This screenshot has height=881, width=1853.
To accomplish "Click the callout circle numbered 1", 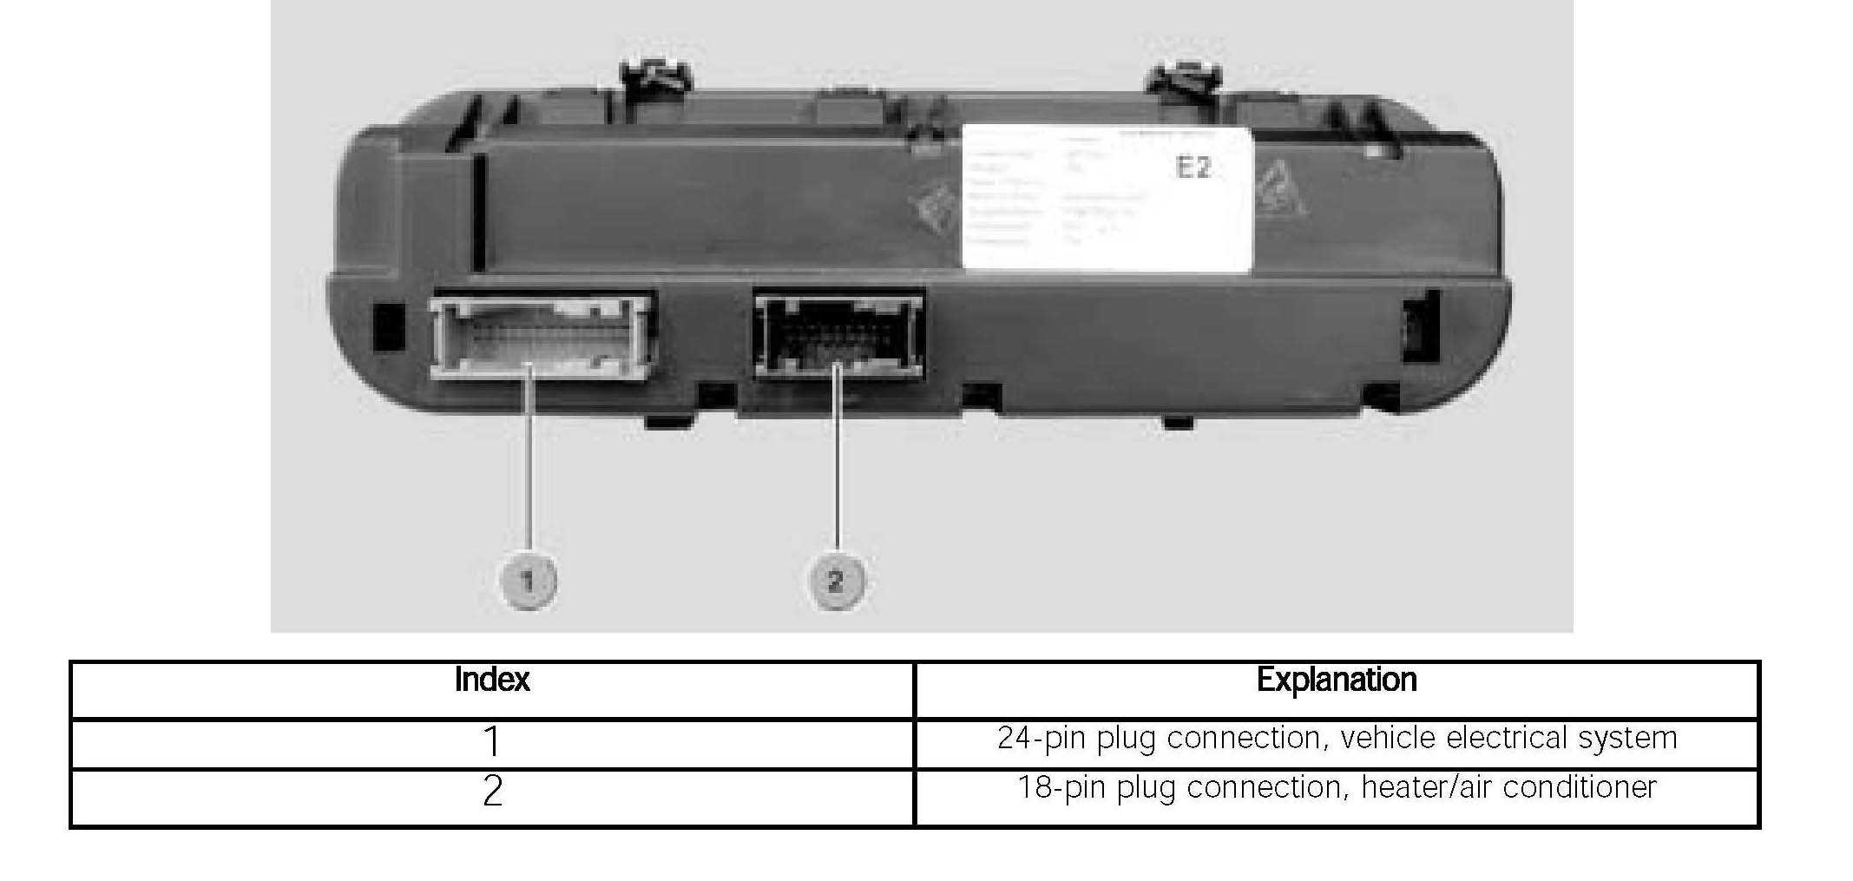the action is pos(528,580).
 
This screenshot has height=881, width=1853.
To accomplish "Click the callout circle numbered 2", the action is pos(836,580).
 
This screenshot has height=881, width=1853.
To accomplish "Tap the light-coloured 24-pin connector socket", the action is pos(542,335).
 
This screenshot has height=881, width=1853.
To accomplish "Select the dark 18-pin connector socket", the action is pos(838,334).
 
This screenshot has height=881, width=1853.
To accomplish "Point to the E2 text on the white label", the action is pos(1193,167).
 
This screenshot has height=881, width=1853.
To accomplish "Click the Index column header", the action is pos(491,680).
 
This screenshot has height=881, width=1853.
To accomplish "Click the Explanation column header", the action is pos(1336,680).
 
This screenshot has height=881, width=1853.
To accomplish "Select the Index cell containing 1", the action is pos(491,741).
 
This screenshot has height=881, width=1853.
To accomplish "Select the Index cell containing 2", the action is pos(491,792).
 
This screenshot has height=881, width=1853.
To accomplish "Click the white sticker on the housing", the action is pos(1107,200).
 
